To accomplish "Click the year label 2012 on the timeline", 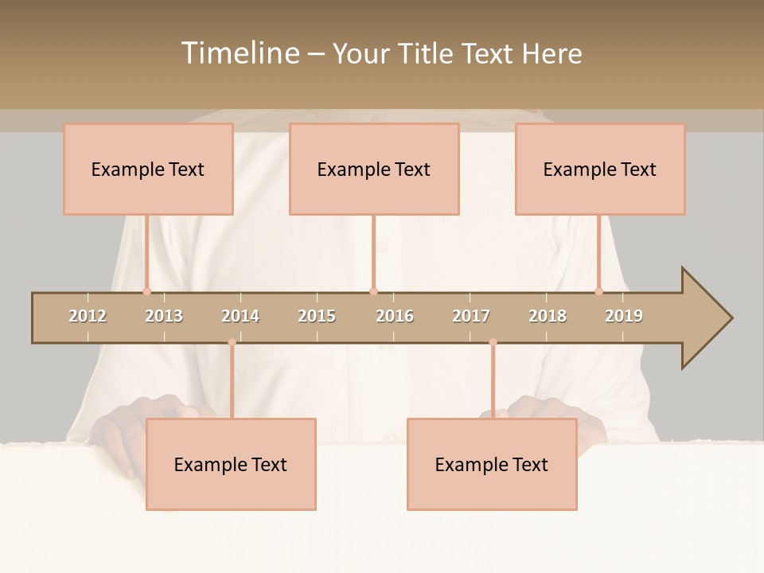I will (x=88, y=316).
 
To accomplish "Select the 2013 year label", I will (x=164, y=316).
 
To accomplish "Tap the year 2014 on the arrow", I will (x=240, y=316).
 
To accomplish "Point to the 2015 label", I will (x=317, y=316).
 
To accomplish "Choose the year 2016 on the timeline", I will (x=395, y=316).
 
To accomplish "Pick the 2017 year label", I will (x=471, y=316).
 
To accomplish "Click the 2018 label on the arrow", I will (x=548, y=316).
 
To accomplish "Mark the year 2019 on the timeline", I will (x=624, y=316).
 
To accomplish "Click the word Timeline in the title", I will (x=240, y=53).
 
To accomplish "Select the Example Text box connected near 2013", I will (x=148, y=169).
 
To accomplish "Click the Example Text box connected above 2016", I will (x=374, y=169).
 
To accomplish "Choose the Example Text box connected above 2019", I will (x=600, y=169).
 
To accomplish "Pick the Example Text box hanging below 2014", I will (x=231, y=464).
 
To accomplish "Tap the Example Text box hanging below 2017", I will (x=492, y=464).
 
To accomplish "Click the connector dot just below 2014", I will (x=232, y=342).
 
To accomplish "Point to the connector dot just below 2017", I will (x=493, y=342).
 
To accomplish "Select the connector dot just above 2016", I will (x=373, y=291).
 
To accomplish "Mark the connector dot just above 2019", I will (x=599, y=291).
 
